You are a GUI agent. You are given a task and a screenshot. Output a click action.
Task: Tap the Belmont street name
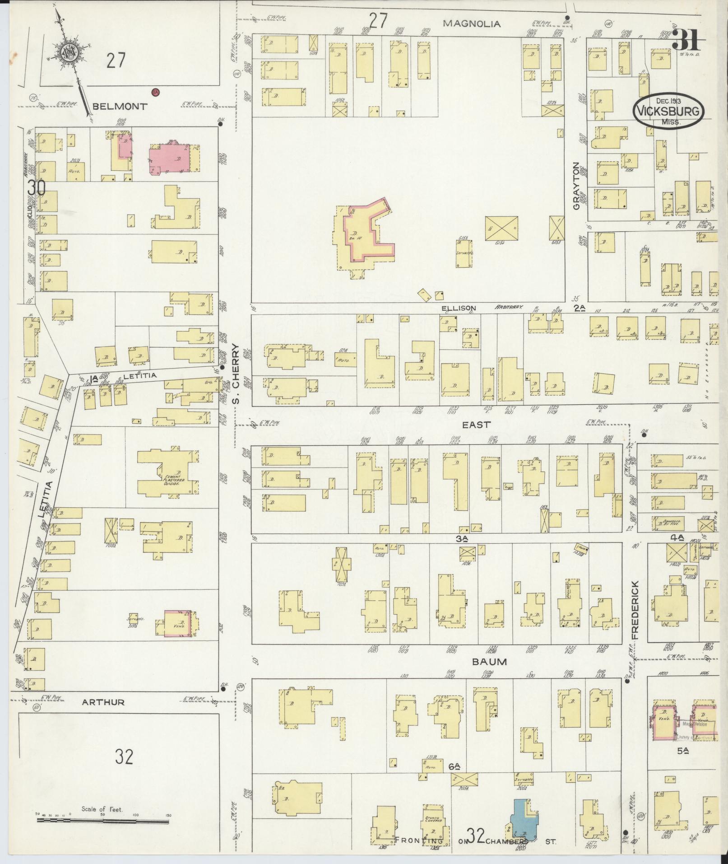tap(119, 107)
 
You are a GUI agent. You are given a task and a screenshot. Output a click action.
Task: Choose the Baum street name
tap(489, 662)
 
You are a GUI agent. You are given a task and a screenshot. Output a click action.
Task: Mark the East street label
tap(476, 425)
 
